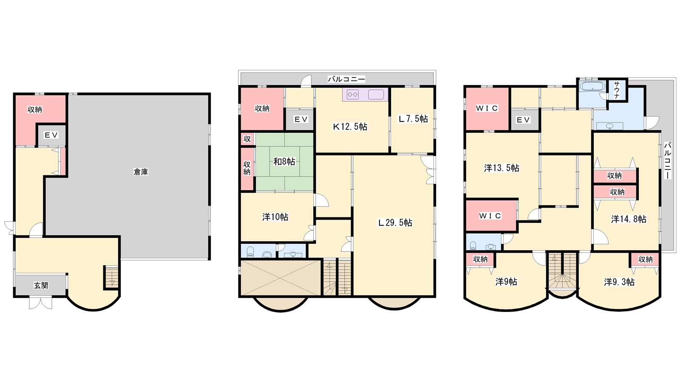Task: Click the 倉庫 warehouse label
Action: coord(141,172)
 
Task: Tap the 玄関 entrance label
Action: coord(41,286)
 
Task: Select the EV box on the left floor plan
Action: coord(51,135)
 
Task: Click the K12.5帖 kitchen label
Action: coord(350,126)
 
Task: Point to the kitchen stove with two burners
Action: coord(353,94)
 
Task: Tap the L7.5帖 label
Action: coord(413,119)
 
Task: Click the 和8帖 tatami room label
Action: coord(284,161)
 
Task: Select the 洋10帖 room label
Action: coord(275,217)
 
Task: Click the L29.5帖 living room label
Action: coord(395,223)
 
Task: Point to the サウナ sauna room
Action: coord(617,90)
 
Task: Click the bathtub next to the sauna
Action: coord(592,86)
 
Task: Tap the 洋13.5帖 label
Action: coord(501,168)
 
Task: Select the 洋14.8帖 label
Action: coord(629,219)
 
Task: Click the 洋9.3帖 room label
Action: coord(619,282)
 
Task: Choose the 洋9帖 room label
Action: coord(506,281)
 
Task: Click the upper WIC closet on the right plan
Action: coord(487,109)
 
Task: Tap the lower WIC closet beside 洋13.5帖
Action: coord(491,216)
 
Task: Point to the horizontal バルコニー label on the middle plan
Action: coord(346,79)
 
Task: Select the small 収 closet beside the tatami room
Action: coord(247,139)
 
